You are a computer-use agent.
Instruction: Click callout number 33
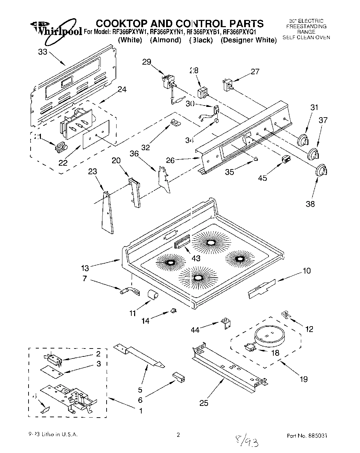point(43,52)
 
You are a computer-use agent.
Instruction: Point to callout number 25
point(204,402)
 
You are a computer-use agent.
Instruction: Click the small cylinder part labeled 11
point(152,295)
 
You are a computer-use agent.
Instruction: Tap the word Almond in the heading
point(165,40)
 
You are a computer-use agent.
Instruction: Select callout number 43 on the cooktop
point(196,258)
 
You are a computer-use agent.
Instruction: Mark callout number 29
point(147,62)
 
